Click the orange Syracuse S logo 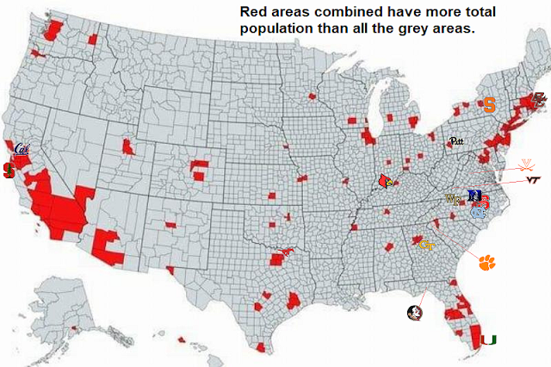pyautogui.click(x=488, y=105)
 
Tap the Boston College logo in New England pyautogui.click(x=539, y=99)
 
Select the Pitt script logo pyautogui.click(x=456, y=140)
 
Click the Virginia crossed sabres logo pyautogui.click(x=524, y=165)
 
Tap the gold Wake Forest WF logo pyautogui.click(x=452, y=200)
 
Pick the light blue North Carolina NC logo pyautogui.click(x=477, y=211)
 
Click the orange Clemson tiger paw pyautogui.click(x=487, y=262)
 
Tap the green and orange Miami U pyautogui.click(x=488, y=339)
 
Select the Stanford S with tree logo pyautogui.click(x=9, y=171)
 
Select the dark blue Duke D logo pyautogui.click(x=473, y=196)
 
